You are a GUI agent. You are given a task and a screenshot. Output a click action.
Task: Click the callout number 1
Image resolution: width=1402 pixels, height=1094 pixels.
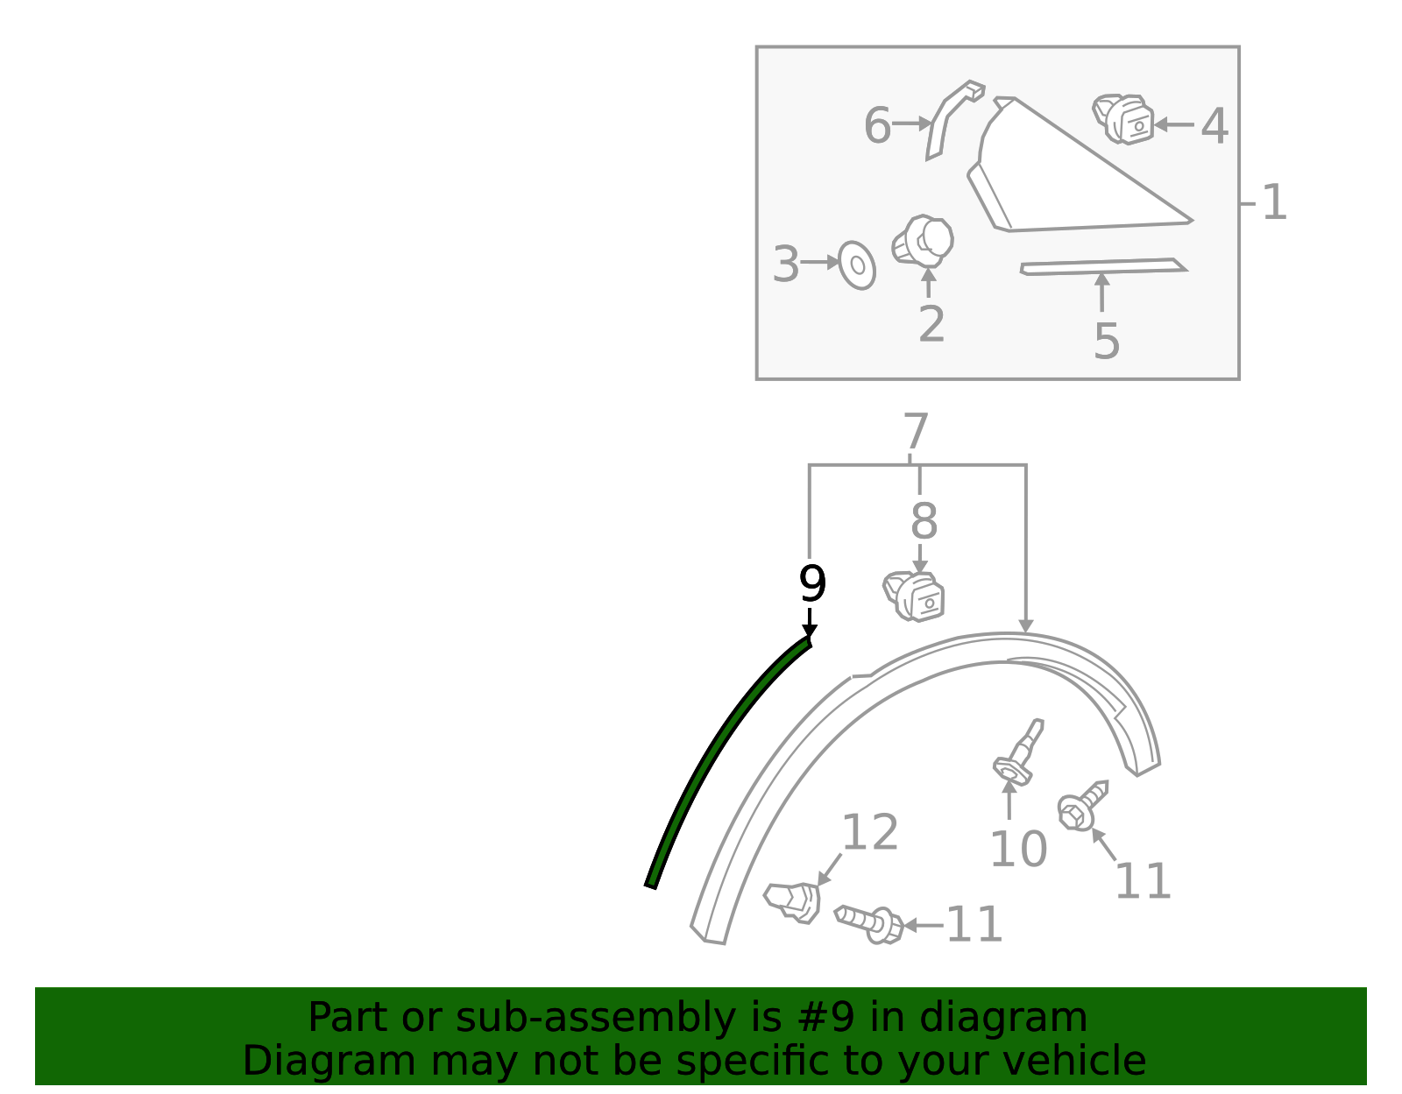(1273, 203)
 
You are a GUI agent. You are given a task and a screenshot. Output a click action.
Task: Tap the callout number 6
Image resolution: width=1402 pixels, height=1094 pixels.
(876, 125)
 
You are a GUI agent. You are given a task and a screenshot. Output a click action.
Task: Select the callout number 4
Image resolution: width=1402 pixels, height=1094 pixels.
(1214, 126)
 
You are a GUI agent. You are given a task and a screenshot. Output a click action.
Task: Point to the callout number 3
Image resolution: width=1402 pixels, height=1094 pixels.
(786, 264)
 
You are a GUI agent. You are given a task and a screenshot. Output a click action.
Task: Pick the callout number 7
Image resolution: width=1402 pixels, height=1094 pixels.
(915, 433)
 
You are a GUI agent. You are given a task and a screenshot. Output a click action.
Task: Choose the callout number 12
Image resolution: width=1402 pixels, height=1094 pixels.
(869, 832)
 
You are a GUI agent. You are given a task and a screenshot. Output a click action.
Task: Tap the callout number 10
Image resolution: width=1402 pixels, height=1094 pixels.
(1017, 849)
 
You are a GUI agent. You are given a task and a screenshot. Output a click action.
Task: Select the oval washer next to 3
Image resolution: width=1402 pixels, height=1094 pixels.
(857, 265)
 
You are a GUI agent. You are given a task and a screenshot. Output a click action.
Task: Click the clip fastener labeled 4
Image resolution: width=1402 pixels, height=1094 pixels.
(1123, 119)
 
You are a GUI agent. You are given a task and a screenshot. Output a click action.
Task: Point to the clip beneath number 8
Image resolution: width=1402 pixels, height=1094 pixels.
(914, 597)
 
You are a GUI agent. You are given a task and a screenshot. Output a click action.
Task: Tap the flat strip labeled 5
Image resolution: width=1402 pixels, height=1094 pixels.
(1103, 266)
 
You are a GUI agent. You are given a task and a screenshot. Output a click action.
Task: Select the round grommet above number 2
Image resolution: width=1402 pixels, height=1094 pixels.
(924, 241)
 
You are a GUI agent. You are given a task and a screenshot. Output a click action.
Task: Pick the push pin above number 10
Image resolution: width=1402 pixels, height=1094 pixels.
(1020, 753)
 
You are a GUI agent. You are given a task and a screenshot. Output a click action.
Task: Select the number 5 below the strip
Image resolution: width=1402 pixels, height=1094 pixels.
(1106, 342)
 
